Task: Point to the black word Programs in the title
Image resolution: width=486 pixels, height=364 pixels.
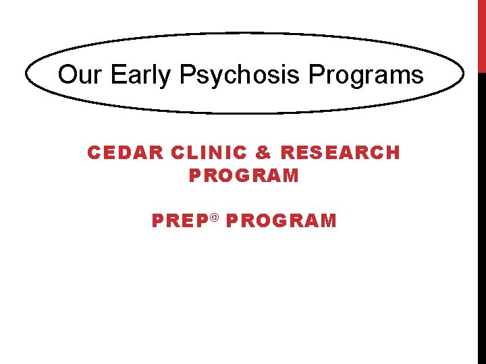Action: point(367,75)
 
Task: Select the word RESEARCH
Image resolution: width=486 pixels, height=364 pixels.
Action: point(341,153)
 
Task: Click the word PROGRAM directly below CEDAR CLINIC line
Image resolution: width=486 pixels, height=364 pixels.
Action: point(244,177)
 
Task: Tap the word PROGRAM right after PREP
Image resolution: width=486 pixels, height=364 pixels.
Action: point(281,221)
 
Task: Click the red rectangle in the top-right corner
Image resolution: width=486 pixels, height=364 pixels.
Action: point(481,36)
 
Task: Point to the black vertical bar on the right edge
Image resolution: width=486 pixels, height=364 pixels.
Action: point(481,216)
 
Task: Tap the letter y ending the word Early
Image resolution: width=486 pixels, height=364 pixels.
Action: point(167,77)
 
